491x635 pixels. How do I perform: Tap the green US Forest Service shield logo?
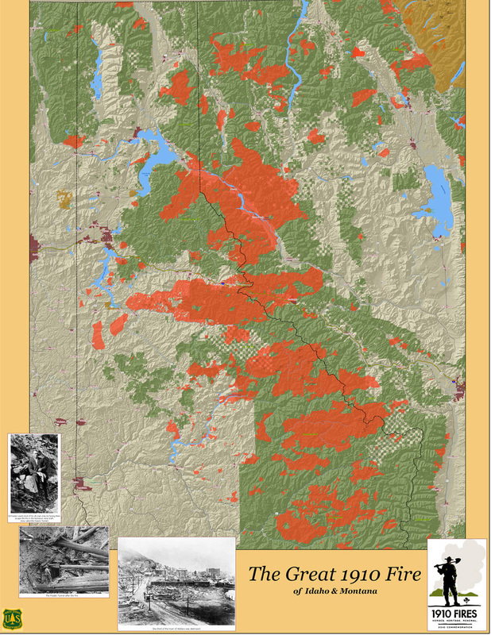[x=12, y=617]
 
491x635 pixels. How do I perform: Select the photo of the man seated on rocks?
[x=34, y=474]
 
